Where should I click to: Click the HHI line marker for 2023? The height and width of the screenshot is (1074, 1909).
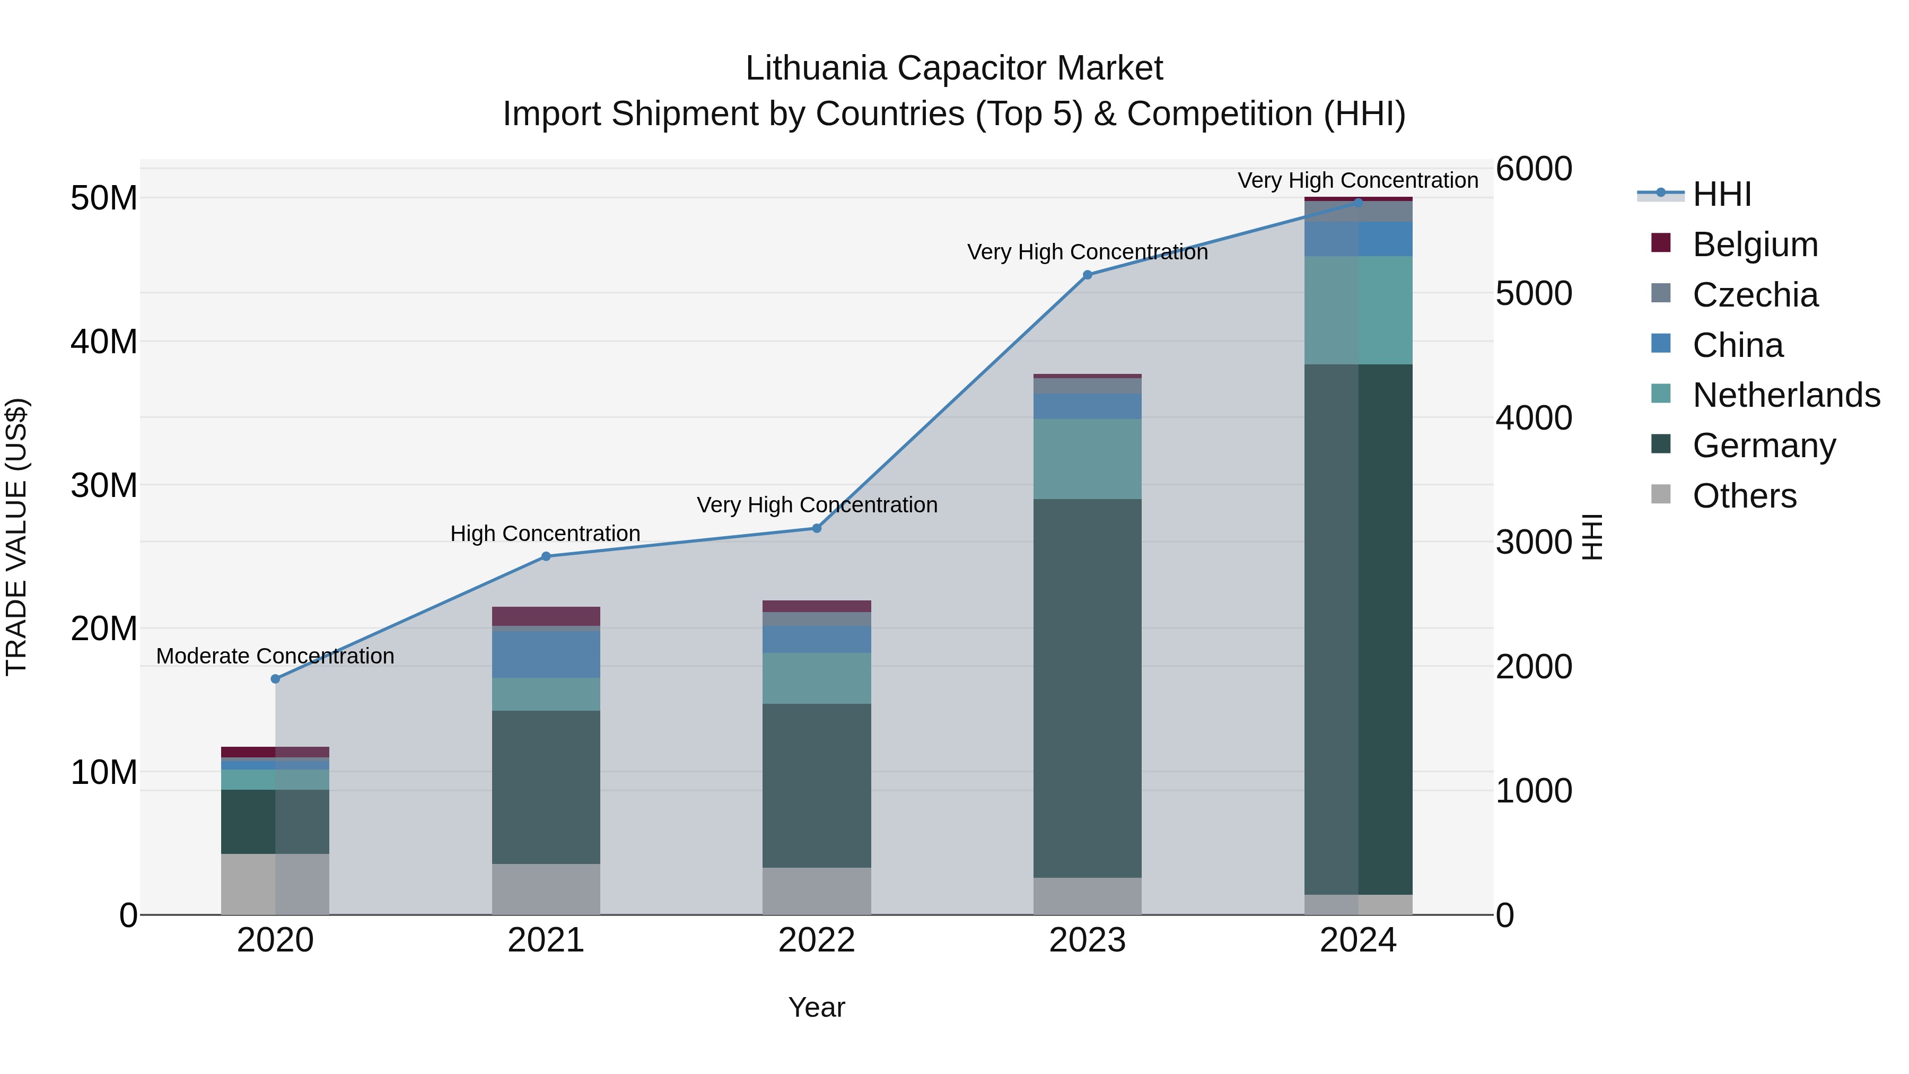[1087, 275]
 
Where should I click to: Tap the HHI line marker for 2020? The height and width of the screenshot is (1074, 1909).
[276, 679]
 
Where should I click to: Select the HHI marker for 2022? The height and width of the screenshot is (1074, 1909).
[817, 528]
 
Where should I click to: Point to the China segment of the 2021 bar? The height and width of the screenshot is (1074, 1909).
[546, 654]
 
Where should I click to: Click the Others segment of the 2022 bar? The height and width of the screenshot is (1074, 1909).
[817, 891]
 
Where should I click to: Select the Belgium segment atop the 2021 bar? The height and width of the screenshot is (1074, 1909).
[546, 616]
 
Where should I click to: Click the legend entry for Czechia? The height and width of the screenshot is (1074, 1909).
[1755, 295]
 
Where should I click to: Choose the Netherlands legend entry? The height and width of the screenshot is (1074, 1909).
[1786, 395]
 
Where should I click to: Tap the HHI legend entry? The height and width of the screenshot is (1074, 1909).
[1721, 194]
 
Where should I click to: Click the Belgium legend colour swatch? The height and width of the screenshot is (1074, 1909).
[1661, 243]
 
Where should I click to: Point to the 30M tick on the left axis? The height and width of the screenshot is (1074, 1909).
[104, 485]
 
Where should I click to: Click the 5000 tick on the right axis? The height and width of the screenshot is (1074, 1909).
[1533, 293]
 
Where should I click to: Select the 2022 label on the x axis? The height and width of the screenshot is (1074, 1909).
[817, 940]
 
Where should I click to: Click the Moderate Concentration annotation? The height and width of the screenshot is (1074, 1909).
[276, 656]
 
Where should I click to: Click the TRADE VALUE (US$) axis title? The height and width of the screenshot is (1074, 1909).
[16, 537]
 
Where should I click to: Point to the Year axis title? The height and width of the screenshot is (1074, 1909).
[817, 1007]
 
